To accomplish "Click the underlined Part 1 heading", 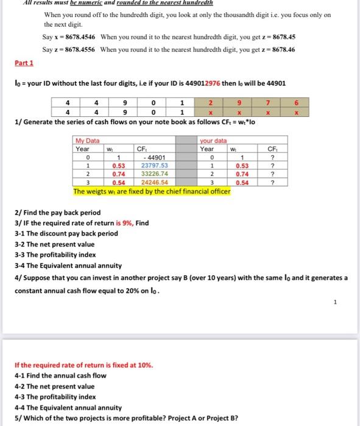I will pos(24,63).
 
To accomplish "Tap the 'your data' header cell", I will pos(213,140).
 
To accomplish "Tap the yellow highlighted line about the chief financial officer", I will pos(152,191).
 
